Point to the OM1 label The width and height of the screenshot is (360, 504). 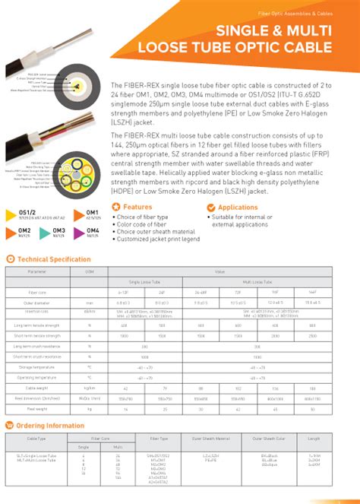pyautogui.click(x=93, y=212)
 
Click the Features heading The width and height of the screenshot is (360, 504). pyautogui.click(x=137, y=207)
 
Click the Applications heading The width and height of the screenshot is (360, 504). pyautogui.click(x=238, y=207)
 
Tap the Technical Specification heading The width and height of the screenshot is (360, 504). pyautogui.click(x=53, y=259)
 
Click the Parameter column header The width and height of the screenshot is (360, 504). pyautogui.click(x=37, y=271)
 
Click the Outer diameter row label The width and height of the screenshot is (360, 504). pyautogui.click(x=37, y=301)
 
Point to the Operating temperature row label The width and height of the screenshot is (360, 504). pyautogui.click(x=37, y=377)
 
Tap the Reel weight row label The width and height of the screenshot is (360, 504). pyautogui.click(x=37, y=408)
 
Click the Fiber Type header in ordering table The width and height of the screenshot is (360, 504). pyautogui.click(x=159, y=439)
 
